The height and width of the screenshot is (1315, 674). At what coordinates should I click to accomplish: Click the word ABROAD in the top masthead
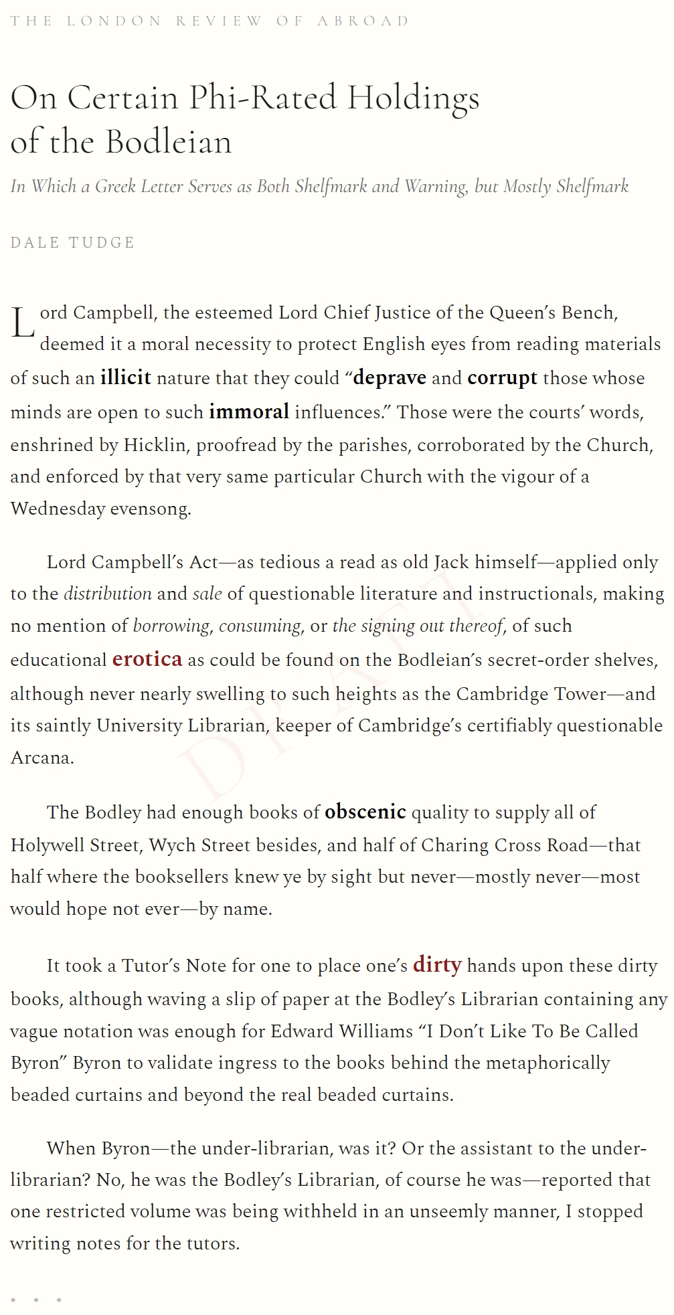click(363, 21)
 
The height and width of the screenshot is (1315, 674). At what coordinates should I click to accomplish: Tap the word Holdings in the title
click(413, 99)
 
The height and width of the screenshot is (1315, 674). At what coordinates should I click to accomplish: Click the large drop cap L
click(22, 324)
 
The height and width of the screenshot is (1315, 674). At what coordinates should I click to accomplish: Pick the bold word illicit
click(126, 377)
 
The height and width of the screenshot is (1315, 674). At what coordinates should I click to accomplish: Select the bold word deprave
click(390, 377)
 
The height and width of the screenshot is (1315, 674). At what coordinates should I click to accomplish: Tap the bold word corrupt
click(502, 377)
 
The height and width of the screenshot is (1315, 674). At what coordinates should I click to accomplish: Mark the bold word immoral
click(249, 412)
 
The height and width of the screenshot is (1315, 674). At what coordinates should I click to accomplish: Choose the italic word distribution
click(108, 594)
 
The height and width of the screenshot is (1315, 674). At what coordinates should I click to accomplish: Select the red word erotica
click(147, 659)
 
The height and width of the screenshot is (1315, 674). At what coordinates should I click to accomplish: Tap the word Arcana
click(41, 758)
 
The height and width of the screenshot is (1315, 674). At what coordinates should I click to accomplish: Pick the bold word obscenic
click(365, 812)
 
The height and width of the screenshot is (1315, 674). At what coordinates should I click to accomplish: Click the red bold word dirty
click(437, 964)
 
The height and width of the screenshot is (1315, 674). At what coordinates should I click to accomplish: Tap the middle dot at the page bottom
click(35, 1300)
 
